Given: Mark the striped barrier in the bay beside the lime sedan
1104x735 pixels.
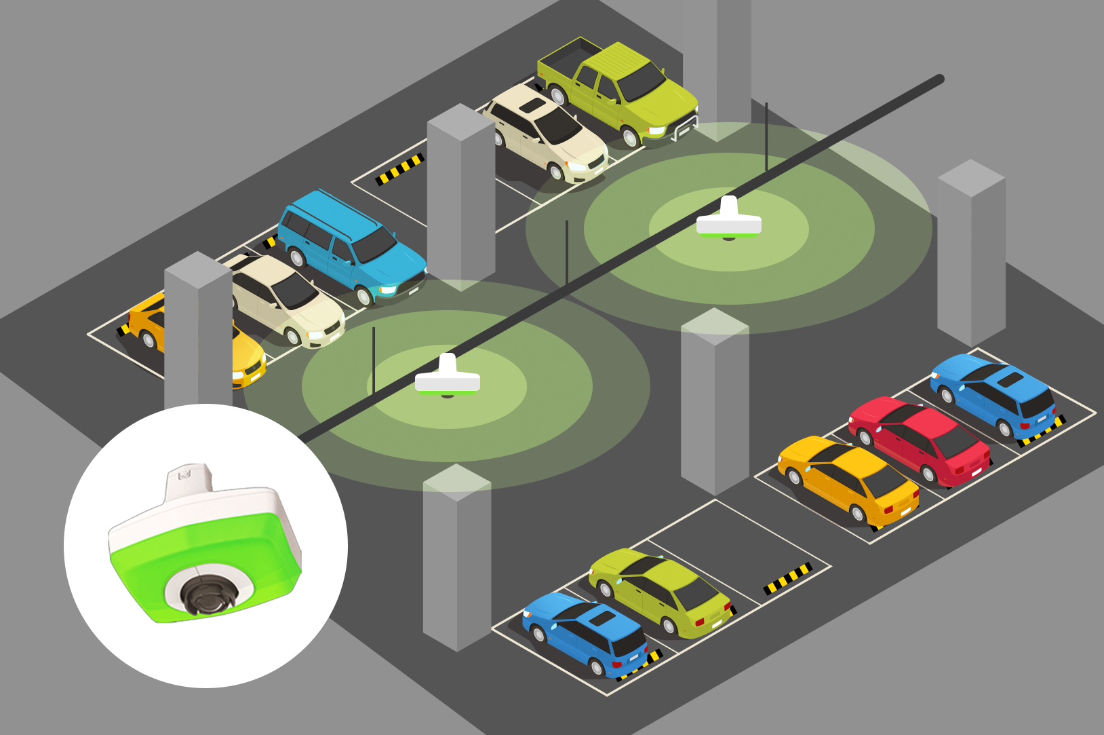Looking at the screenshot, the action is coord(787,579).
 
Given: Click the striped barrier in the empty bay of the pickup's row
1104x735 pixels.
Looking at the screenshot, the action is coord(400,169).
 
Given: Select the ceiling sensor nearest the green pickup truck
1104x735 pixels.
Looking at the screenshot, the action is coord(729,221).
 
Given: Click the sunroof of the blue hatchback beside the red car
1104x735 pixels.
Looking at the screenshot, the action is coord(1010,379).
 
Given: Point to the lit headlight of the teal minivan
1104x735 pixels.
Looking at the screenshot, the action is coord(388,290).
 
